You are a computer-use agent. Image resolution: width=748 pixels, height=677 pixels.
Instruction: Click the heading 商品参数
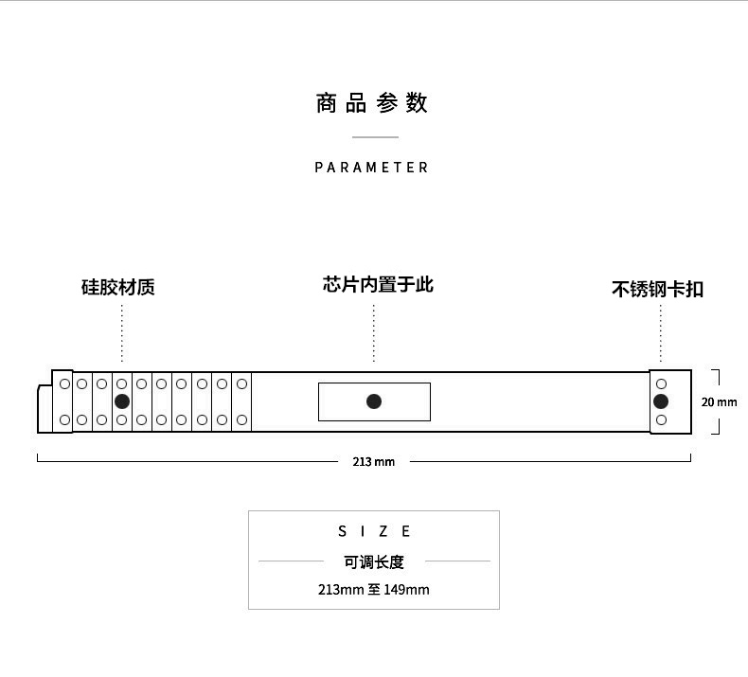click(x=372, y=103)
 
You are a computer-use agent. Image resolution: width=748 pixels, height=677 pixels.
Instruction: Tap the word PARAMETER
click(x=372, y=168)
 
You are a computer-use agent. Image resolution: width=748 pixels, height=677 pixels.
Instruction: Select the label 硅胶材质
click(x=118, y=287)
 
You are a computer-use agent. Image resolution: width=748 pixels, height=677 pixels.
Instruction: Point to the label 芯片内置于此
click(x=378, y=284)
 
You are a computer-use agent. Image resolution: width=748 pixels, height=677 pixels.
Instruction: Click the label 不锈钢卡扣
click(x=657, y=289)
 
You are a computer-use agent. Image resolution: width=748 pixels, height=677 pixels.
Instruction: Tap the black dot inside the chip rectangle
click(x=374, y=401)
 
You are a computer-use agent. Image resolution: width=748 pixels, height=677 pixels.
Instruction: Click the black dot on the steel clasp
click(x=661, y=401)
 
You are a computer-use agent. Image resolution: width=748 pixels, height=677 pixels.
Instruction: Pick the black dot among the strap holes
click(x=122, y=401)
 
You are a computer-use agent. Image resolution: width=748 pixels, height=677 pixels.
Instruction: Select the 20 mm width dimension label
click(x=719, y=402)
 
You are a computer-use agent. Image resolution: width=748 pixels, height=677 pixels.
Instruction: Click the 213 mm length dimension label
click(x=374, y=462)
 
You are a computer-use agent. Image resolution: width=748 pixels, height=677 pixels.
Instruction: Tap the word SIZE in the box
click(x=375, y=531)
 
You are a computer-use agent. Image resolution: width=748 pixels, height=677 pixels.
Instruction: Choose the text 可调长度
click(x=374, y=561)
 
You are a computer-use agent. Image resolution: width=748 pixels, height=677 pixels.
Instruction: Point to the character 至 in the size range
click(x=374, y=590)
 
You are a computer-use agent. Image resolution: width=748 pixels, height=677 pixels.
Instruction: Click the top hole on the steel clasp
click(x=661, y=383)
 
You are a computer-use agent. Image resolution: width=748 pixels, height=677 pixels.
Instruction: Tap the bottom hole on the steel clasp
click(x=661, y=419)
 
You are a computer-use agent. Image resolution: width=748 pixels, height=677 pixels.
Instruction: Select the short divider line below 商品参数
click(x=374, y=137)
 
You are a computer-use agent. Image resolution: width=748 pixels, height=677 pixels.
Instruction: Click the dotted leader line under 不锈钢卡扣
click(x=661, y=333)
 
